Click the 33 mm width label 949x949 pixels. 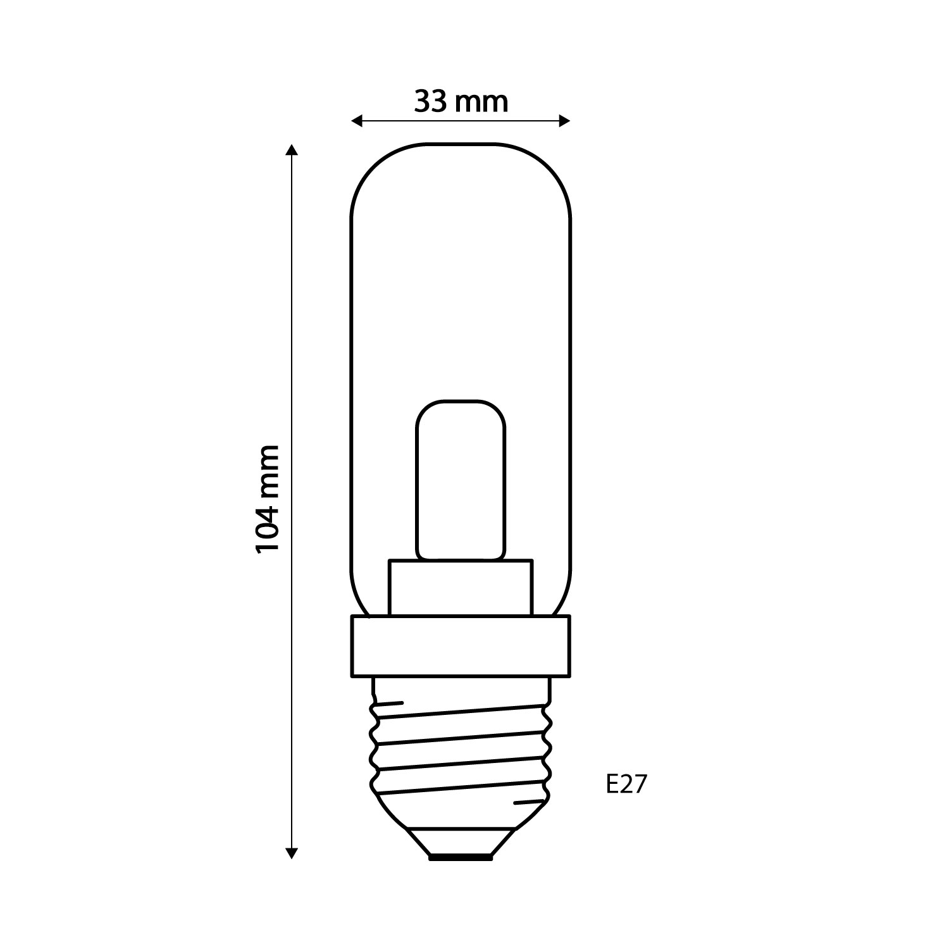pos(461,102)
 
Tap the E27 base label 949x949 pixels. pos(626,785)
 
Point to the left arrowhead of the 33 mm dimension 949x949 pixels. pos(356,121)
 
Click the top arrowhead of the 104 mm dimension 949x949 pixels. pos(291,150)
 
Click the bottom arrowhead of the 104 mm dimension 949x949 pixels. pos(291,853)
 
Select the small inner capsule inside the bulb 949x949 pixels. pos(461,480)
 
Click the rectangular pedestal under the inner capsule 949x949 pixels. pos(461,588)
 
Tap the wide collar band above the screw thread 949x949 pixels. pos(461,647)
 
